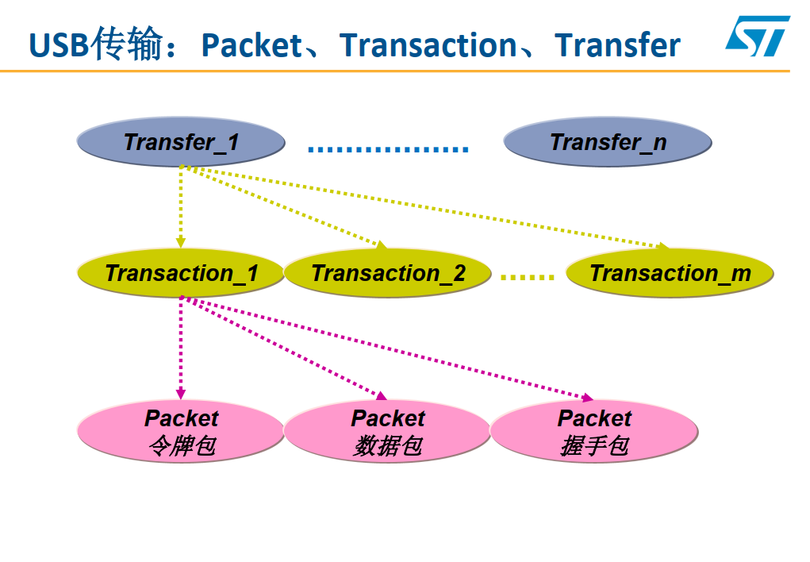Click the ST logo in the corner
coord(757,37)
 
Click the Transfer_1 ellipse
coord(181,143)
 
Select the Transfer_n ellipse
coord(608,143)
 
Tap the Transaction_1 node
coord(181,274)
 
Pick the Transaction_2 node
coord(388,274)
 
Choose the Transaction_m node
coord(670,274)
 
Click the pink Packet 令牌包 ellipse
coord(181,433)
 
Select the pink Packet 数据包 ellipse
coord(388,433)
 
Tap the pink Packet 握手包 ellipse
coord(594,433)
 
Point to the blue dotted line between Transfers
coord(388,148)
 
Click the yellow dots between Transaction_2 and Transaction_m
coord(528,277)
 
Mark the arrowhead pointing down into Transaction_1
coord(181,241)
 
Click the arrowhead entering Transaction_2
coord(380,245)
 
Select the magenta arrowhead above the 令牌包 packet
coord(181,393)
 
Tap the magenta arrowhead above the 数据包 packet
coord(380,395)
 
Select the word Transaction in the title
coord(428,45)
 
